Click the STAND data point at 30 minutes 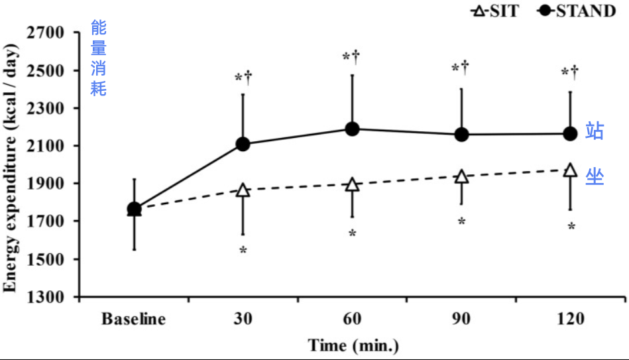coord(243,144)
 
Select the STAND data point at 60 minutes coord(352,129)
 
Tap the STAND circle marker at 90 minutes coord(461,135)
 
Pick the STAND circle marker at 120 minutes coord(570,134)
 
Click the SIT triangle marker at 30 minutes coord(243,190)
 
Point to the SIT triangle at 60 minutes coord(352,184)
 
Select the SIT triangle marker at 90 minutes coord(461,176)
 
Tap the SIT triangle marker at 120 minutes coord(570,170)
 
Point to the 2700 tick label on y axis coord(44,32)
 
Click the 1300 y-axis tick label coord(44,296)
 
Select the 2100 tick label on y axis coord(44,146)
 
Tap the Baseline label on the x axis coord(133,320)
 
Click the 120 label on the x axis coord(570,320)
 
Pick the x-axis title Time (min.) coord(353,345)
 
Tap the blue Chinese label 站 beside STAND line coord(594,131)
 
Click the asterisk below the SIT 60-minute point coord(352,234)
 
